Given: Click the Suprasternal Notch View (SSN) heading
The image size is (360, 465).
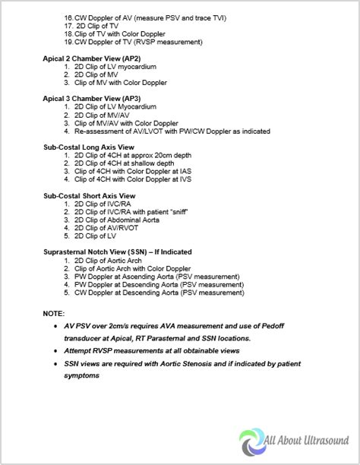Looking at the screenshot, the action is click(x=117, y=251).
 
